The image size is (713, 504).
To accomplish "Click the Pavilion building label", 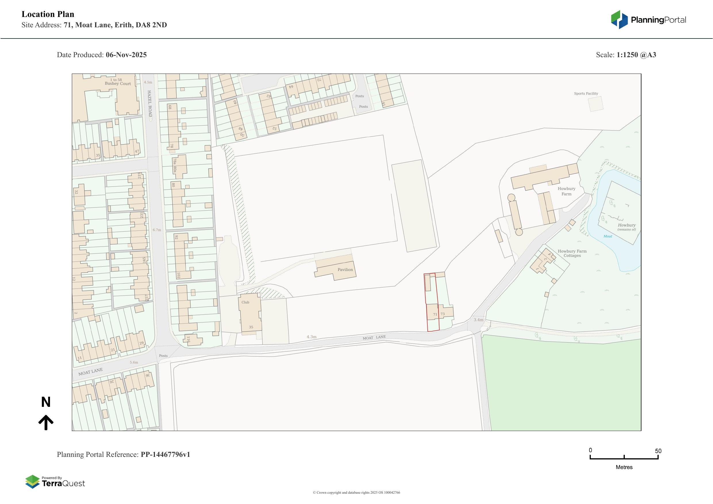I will (345, 270).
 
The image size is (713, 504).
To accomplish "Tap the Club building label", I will (245, 302).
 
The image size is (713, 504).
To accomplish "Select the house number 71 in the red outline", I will (435, 314).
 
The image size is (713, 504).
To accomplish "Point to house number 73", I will (443, 314).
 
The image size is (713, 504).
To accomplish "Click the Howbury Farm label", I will (566, 191).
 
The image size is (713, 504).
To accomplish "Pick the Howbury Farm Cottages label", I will (572, 253).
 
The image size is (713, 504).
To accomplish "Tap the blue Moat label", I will (608, 236).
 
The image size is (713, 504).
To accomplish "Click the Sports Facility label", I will (586, 93).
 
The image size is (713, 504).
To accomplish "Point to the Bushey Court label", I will (118, 84).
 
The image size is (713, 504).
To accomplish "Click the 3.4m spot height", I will (478, 320).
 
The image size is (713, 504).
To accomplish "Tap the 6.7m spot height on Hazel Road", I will (157, 230).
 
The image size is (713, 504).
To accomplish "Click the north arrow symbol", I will (46, 422).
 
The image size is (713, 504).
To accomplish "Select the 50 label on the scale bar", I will (658, 451).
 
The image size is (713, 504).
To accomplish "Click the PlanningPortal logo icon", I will (619, 20).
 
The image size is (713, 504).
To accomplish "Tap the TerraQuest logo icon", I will (32, 482).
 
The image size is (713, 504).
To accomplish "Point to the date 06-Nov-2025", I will (126, 55).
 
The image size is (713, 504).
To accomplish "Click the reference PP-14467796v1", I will (165, 455).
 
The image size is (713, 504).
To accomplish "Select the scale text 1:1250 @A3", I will (636, 55).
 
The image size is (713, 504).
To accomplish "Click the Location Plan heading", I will (48, 14).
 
